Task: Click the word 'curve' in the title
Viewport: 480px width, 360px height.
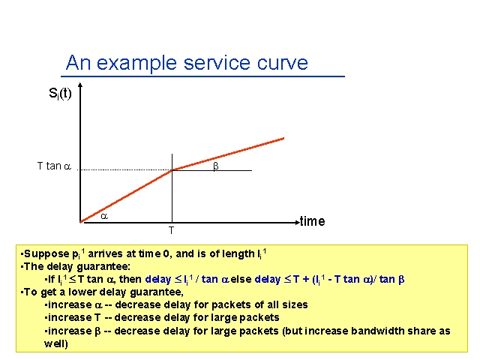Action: [282, 63]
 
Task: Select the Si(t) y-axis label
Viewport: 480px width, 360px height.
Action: [60, 93]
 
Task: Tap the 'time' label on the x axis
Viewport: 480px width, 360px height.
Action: [313, 221]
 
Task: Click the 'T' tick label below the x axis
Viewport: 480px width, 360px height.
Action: [172, 230]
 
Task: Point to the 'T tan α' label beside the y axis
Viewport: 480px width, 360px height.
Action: [54, 166]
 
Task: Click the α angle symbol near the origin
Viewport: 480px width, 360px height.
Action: [104, 216]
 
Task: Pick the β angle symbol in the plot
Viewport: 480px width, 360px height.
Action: [216, 166]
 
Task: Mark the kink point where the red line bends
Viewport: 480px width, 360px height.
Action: [172, 170]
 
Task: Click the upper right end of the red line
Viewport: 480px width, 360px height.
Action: [283, 138]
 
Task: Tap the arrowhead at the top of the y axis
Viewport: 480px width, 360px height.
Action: [80, 85]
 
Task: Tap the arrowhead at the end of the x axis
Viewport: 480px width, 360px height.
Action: [297, 223]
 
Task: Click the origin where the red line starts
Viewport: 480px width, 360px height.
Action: [80, 222]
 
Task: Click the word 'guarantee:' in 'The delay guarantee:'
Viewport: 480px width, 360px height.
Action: [103, 267]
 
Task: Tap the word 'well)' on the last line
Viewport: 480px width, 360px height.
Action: [56, 343]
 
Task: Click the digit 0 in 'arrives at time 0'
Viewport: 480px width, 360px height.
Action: [166, 253]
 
